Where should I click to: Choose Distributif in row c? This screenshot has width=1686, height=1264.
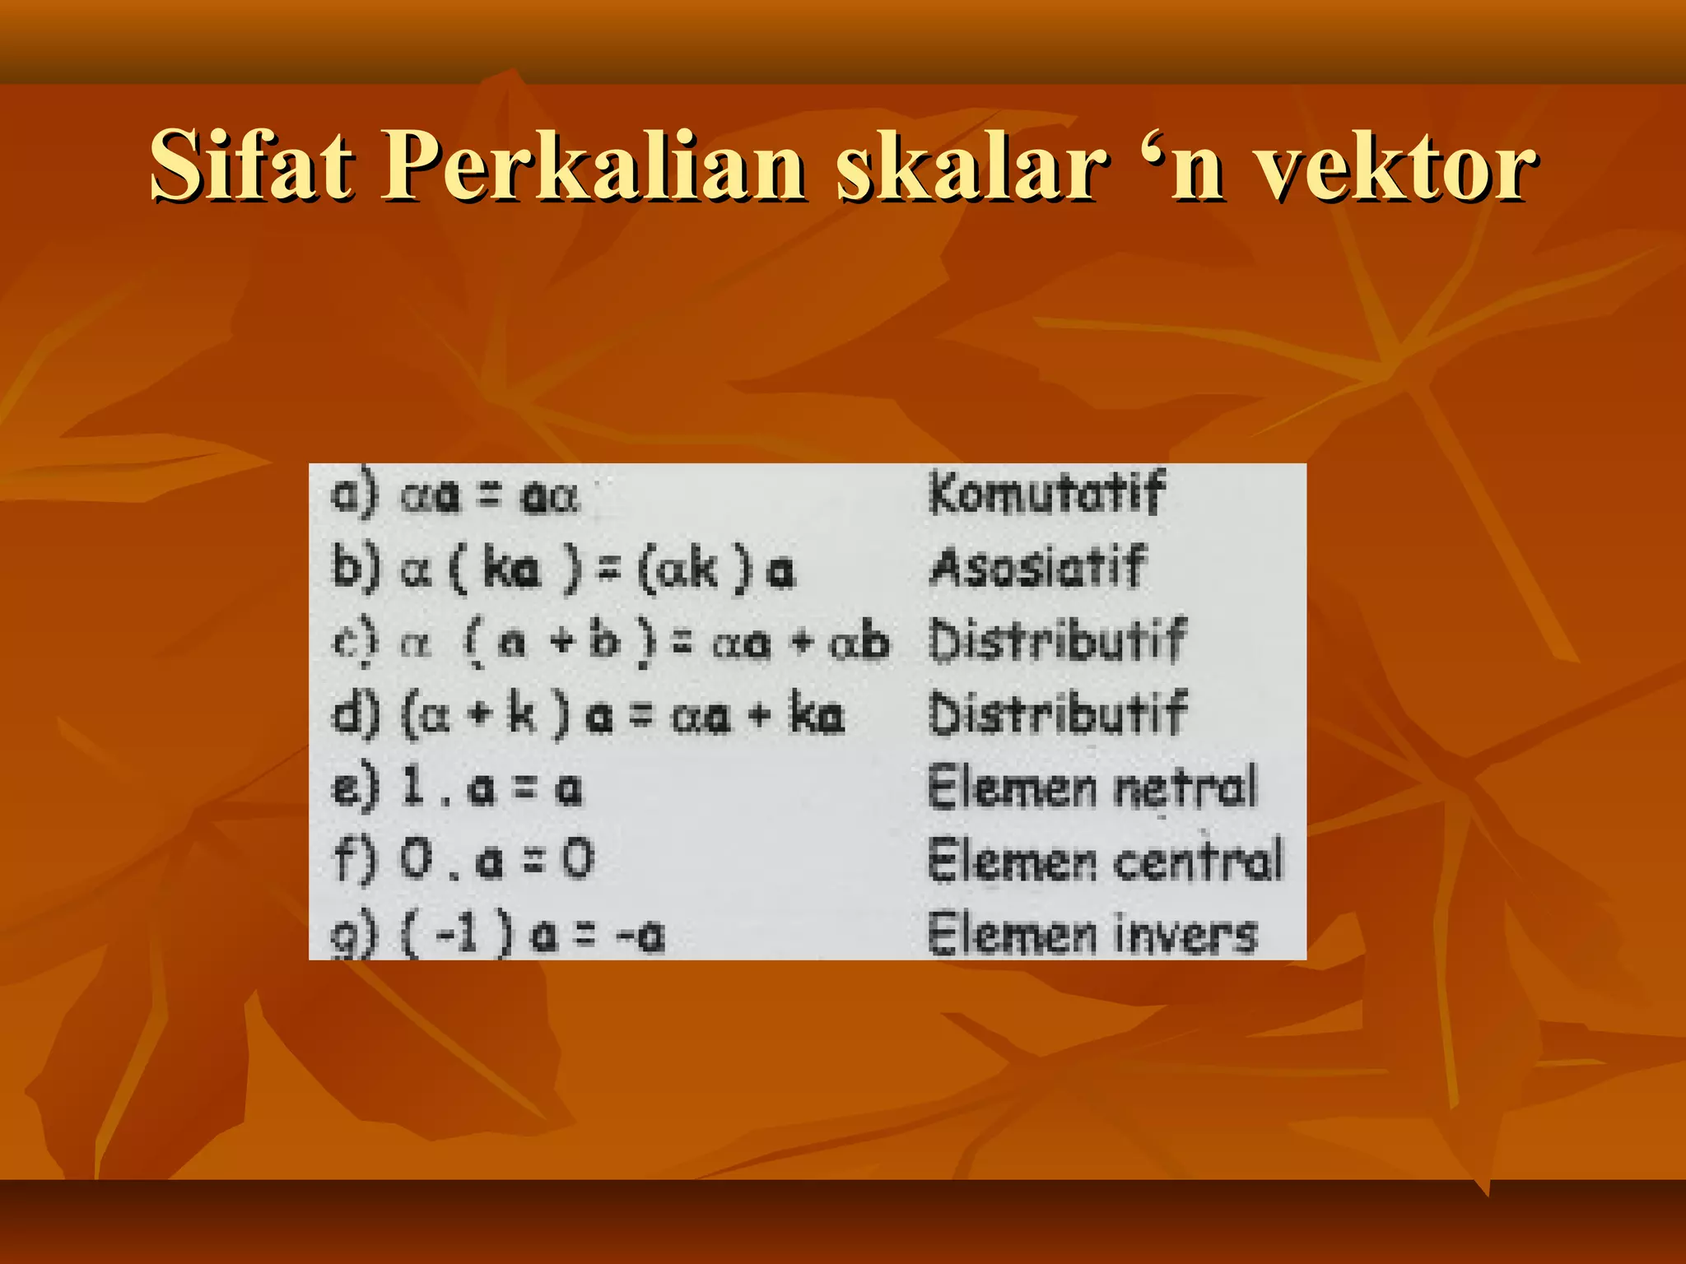[x=1057, y=640]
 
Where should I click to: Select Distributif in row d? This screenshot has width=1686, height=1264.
[x=1057, y=713]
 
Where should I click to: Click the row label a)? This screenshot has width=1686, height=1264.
[x=355, y=495]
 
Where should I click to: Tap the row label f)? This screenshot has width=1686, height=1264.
[x=355, y=860]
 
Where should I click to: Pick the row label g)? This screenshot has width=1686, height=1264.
[x=355, y=934]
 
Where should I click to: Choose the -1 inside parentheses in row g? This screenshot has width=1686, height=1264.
[x=457, y=934]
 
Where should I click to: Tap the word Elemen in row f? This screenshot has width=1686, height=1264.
[x=1012, y=860]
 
